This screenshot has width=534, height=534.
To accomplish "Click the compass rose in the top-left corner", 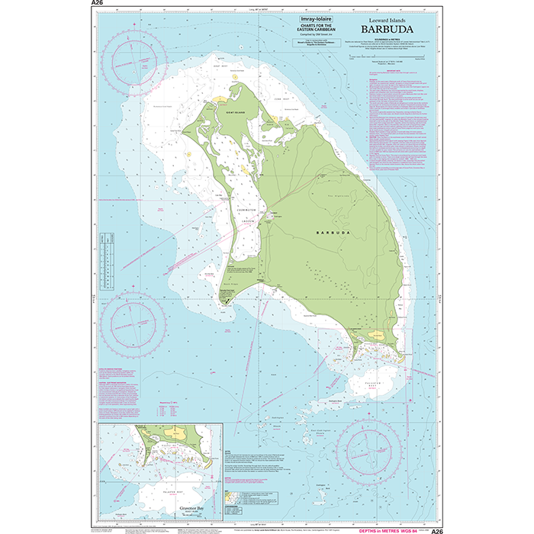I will point(135,60).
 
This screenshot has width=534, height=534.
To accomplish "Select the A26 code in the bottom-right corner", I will point(436,530).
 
